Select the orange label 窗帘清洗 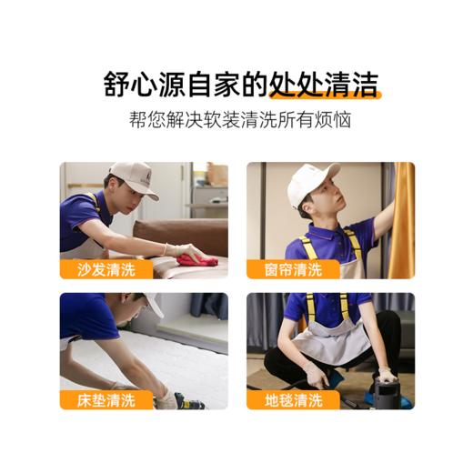tap(293, 268)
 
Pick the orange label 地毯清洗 tap(293, 399)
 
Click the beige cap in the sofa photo tap(133, 176)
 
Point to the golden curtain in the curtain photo tap(401, 218)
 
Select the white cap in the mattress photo tap(154, 304)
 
